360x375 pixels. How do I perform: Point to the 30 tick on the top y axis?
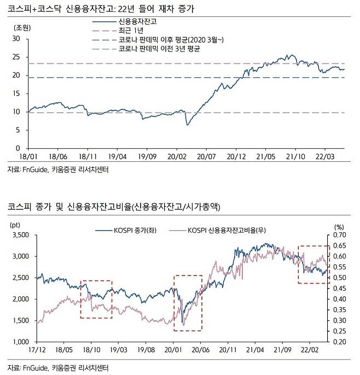(x=15, y=39)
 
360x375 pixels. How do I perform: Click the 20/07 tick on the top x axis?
(x=205, y=156)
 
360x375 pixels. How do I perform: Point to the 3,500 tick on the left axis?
(x=20, y=235)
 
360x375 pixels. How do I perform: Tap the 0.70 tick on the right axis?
(x=339, y=235)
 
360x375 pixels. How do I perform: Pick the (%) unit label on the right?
(x=338, y=225)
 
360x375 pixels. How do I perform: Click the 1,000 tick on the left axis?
(x=20, y=342)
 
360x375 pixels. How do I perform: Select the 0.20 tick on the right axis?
(x=339, y=342)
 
